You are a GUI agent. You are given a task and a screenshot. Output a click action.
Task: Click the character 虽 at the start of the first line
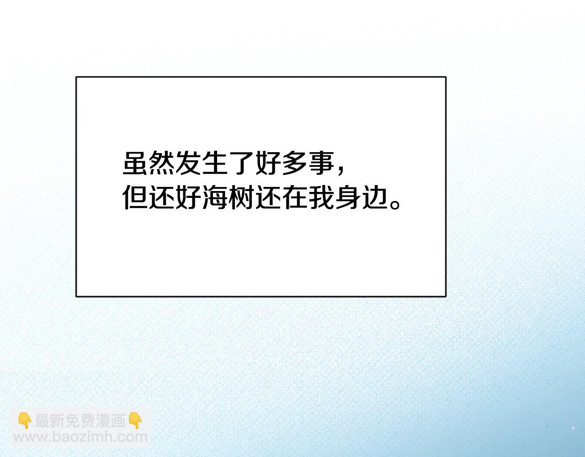point(135,163)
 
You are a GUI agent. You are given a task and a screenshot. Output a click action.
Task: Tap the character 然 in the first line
point(161,163)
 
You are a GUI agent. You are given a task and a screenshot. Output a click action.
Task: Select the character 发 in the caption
point(188,163)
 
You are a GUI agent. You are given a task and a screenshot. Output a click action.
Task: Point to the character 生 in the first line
point(214,163)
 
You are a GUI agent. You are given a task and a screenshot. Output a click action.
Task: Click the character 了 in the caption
point(241,163)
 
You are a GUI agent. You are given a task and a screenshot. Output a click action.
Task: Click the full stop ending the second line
point(395,204)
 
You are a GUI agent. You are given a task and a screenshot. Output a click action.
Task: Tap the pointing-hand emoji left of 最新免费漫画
point(25,421)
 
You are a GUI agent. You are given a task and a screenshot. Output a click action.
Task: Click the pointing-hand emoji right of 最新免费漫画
point(135,421)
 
